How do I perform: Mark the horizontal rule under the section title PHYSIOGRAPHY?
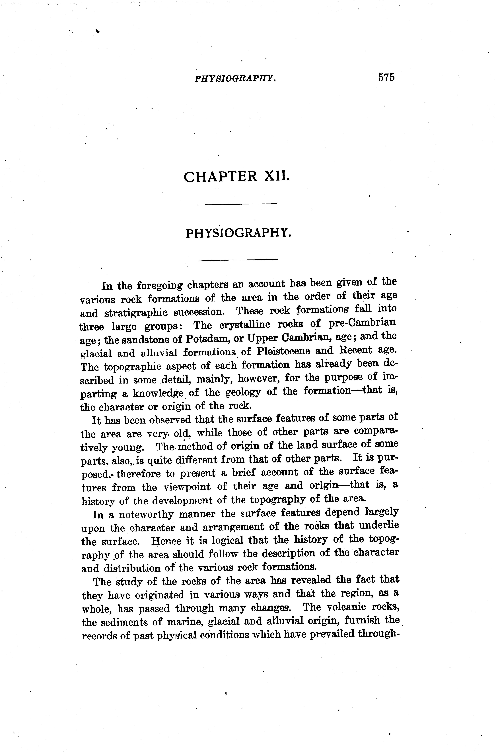238,260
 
